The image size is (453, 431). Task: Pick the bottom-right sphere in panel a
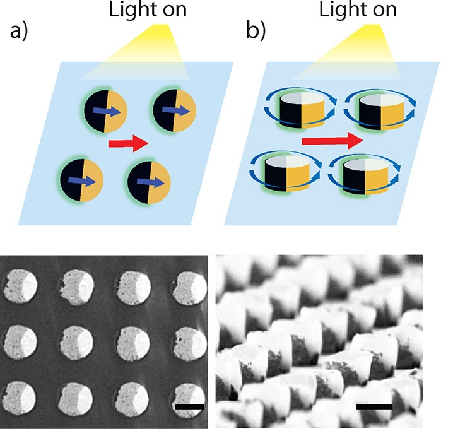pyautogui.click(x=150, y=182)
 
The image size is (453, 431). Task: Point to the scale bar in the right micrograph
pyautogui.click(x=374, y=407)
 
